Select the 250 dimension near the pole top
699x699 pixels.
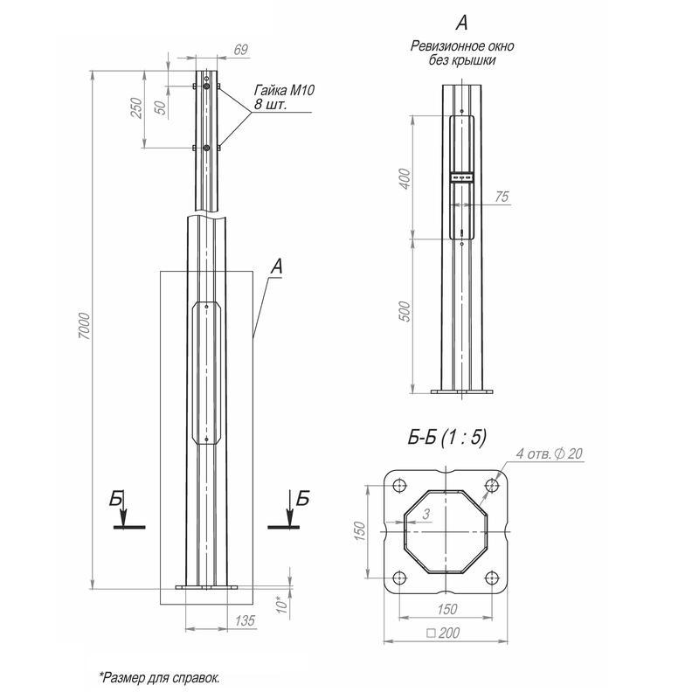[135, 107]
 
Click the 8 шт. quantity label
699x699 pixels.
[270, 105]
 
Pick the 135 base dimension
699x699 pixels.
[245, 620]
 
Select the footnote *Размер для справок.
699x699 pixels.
[159, 677]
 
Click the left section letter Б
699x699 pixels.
[115, 499]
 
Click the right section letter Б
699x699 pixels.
[302, 499]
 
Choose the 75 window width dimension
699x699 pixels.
[501, 197]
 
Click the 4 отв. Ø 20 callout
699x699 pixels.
[549, 454]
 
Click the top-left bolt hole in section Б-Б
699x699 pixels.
[400, 487]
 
